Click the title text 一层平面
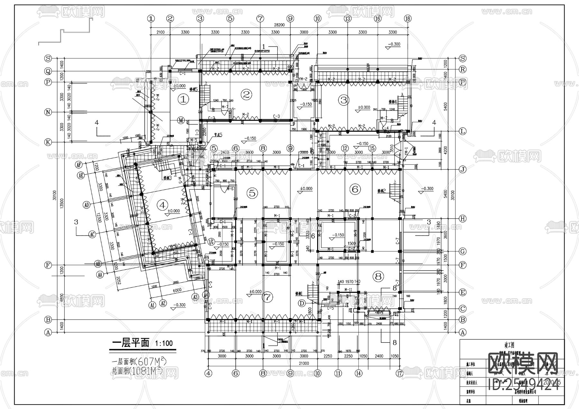131,343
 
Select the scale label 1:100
164,343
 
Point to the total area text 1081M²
147,371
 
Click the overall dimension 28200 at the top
279,25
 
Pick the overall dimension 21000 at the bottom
303,363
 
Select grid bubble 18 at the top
408,19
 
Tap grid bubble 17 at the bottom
400,373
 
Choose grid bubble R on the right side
463,69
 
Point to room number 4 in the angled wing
162,204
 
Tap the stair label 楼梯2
381,191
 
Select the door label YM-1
406,151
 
